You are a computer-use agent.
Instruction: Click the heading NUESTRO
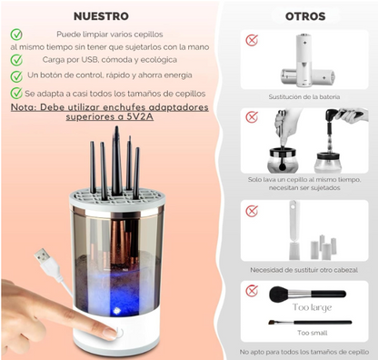click(x=100, y=15)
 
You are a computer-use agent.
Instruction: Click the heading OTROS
click(x=304, y=15)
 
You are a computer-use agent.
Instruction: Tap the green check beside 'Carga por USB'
click(x=17, y=59)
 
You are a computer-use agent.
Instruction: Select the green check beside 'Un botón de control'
click(x=17, y=75)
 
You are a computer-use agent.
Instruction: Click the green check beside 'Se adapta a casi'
click(x=17, y=93)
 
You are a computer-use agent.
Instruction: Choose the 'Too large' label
click(x=311, y=308)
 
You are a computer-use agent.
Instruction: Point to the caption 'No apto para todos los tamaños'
click(x=303, y=351)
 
